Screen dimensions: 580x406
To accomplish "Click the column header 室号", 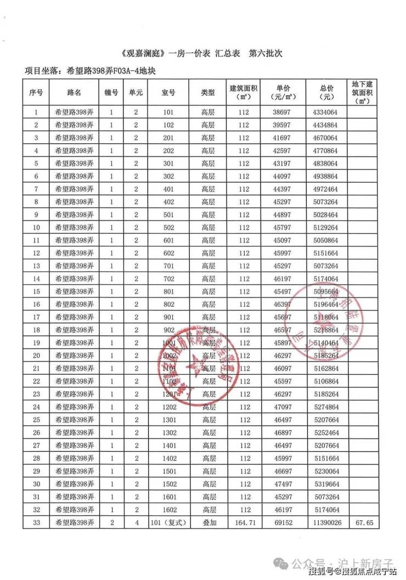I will click(x=169, y=93).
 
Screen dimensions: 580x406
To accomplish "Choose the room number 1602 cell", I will click(x=169, y=510).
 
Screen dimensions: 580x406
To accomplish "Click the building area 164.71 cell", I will click(x=244, y=523).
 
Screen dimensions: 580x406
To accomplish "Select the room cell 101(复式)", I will click(x=169, y=523).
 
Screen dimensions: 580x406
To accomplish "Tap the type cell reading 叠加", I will click(x=208, y=523).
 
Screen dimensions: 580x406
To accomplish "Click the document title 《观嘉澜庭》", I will click(x=143, y=54).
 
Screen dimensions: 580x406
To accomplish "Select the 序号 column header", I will click(x=36, y=93).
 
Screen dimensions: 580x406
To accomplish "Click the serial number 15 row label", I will click(x=36, y=291).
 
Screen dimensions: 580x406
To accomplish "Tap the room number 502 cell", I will click(x=169, y=227).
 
